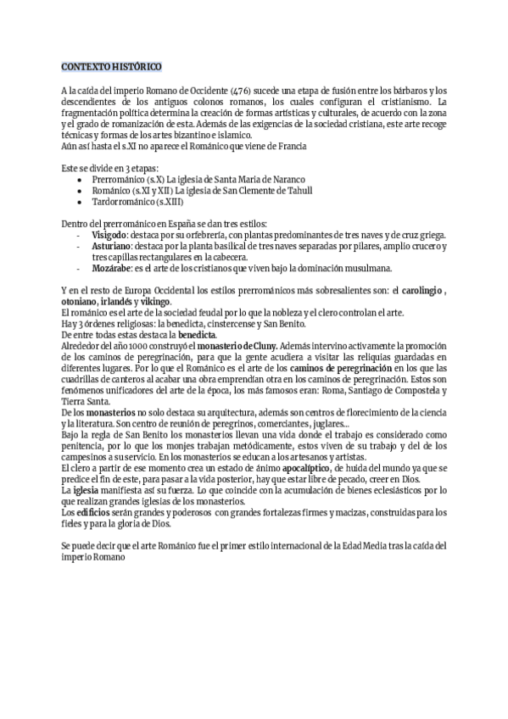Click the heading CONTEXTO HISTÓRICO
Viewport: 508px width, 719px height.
[110, 66]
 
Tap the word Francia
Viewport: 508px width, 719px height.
[291, 146]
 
